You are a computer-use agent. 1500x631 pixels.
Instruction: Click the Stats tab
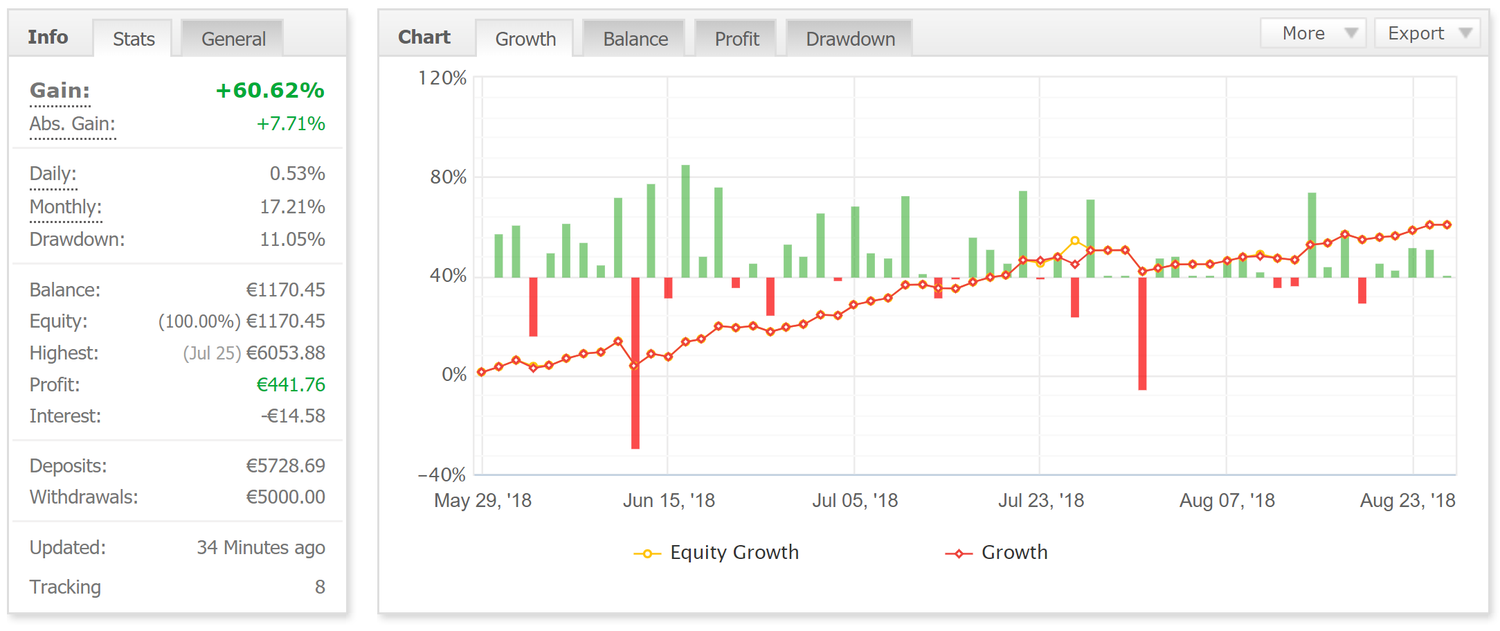tap(134, 39)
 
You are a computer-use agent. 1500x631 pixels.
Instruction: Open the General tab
tap(233, 39)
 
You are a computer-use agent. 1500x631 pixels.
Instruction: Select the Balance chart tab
tap(635, 39)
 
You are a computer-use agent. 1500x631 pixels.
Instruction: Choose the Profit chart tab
tap(737, 39)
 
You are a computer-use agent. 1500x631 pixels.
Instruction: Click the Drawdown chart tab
tap(850, 39)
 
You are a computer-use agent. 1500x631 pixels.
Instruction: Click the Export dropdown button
tap(1427, 33)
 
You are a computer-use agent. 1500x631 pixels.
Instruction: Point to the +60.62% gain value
tap(270, 90)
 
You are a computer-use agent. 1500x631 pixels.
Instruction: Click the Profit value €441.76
tap(291, 384)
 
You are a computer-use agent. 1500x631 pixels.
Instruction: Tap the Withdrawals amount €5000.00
tap(285, 497)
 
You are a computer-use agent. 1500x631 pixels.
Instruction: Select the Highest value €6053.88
tap(285, 353)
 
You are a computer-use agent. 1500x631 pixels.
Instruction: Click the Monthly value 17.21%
tap(292, 206)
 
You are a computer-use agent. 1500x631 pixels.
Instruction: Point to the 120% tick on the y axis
tap(442, 78)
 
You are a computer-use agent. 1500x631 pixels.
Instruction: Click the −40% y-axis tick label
tap(442, 474)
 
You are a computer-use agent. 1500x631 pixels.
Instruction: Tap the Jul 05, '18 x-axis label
tap(855, 500)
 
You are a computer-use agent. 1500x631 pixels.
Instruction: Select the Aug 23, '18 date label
tap(1407, 500)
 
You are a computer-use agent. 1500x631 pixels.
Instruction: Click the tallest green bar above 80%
tap(685, 222)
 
